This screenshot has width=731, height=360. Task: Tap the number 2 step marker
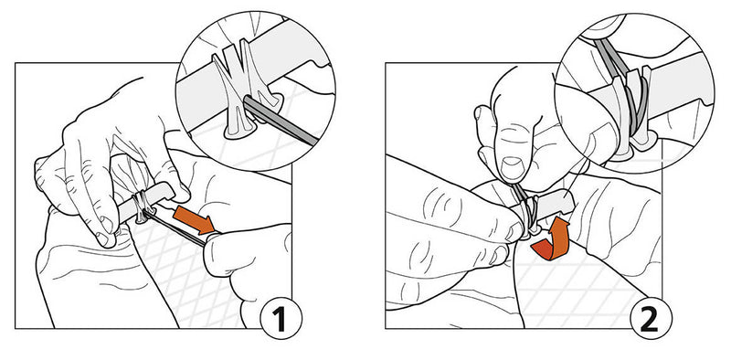pos(651,318)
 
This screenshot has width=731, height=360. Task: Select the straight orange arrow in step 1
pos(194,221)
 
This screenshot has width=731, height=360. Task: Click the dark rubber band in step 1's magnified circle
pos(280,121)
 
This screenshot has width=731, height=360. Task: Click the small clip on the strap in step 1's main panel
pos(142,206)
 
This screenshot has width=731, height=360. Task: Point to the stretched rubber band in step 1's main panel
pos(177,228)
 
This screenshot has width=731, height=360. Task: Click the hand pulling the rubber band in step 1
pos(247,261)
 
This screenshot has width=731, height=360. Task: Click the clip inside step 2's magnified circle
pos(630,111)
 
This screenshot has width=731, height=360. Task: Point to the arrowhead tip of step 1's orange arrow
pos(215,232)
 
